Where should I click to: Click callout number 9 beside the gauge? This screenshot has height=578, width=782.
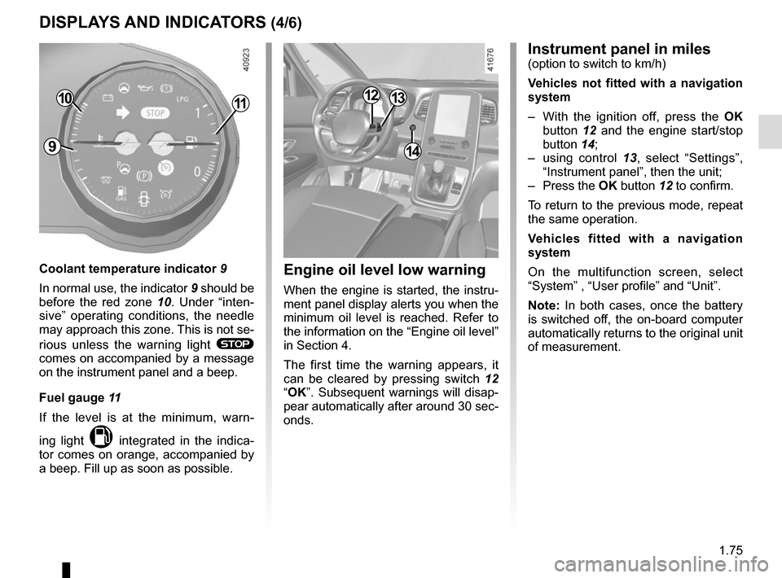point(51,147)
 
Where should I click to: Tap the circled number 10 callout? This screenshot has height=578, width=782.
point(65,99)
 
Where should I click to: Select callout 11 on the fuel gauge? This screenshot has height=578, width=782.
point(239,103)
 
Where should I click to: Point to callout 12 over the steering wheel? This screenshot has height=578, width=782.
point(371,96)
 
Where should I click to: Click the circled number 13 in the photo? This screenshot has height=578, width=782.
point(397,99)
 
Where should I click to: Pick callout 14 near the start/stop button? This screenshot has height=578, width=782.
point(412,151)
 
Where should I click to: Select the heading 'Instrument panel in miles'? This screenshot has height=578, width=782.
point(619,49)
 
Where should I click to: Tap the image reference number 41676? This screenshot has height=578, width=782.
point(490,62)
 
